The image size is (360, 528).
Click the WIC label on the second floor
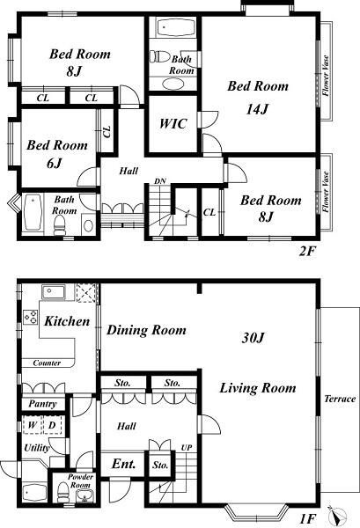click(173, 123)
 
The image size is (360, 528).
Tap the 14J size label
click(257, 109)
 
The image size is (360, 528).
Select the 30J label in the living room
click(253, 338)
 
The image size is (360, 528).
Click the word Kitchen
click(67, 321)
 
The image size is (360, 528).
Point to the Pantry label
click(42, 403)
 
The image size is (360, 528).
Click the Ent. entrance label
click(123, 464)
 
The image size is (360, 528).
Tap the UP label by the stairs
click(187, 448)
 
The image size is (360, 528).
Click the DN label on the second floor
click(160, 181)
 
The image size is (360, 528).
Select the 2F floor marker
click(306, 251)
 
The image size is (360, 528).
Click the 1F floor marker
click(307, 518)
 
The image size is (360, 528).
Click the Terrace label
click(340, 399)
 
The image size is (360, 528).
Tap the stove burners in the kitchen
click(30, 317)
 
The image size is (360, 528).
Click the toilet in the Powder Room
click(63, 492)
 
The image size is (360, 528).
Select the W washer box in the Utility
click(32, 425)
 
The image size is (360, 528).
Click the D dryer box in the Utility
click(52, 425)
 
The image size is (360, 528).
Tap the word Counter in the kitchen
click(47, 363)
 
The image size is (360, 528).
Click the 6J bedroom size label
click(55, 164)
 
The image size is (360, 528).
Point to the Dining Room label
click(146, 330)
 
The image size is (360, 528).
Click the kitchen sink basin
click(54, 291)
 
